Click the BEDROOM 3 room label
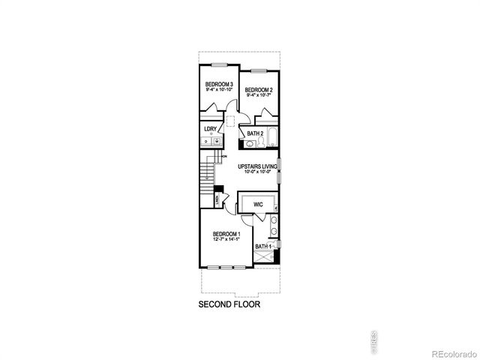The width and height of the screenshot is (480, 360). click(x=219, y=84)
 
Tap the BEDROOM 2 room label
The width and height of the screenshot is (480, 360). click(x=259, y=90)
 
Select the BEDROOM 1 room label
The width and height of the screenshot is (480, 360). click(x=226, y=234)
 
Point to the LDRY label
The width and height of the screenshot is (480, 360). click(x=210, y=129)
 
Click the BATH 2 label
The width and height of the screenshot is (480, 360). click(x=255, y=133)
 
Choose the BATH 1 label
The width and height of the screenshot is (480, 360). click(x=262, y=246)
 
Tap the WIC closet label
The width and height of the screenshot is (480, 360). click(x=257, y=203)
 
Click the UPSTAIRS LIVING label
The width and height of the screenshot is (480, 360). click(x=258, y=166)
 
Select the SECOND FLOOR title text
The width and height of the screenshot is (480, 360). click(x=229, y=305)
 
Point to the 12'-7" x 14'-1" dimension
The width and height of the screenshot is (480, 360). click(x=226, y=241)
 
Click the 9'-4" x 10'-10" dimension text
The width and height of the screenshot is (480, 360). click(x=219, y=90)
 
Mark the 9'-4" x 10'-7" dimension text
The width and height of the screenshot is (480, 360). click(x=259, y=95)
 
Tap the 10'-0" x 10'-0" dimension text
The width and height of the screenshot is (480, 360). click(x=258, y=172)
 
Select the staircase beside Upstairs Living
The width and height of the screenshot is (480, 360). click(x=208, y=180)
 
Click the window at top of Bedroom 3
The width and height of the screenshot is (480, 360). click(x=219, y=63)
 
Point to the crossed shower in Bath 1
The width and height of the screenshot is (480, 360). click(x=264, y=258)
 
